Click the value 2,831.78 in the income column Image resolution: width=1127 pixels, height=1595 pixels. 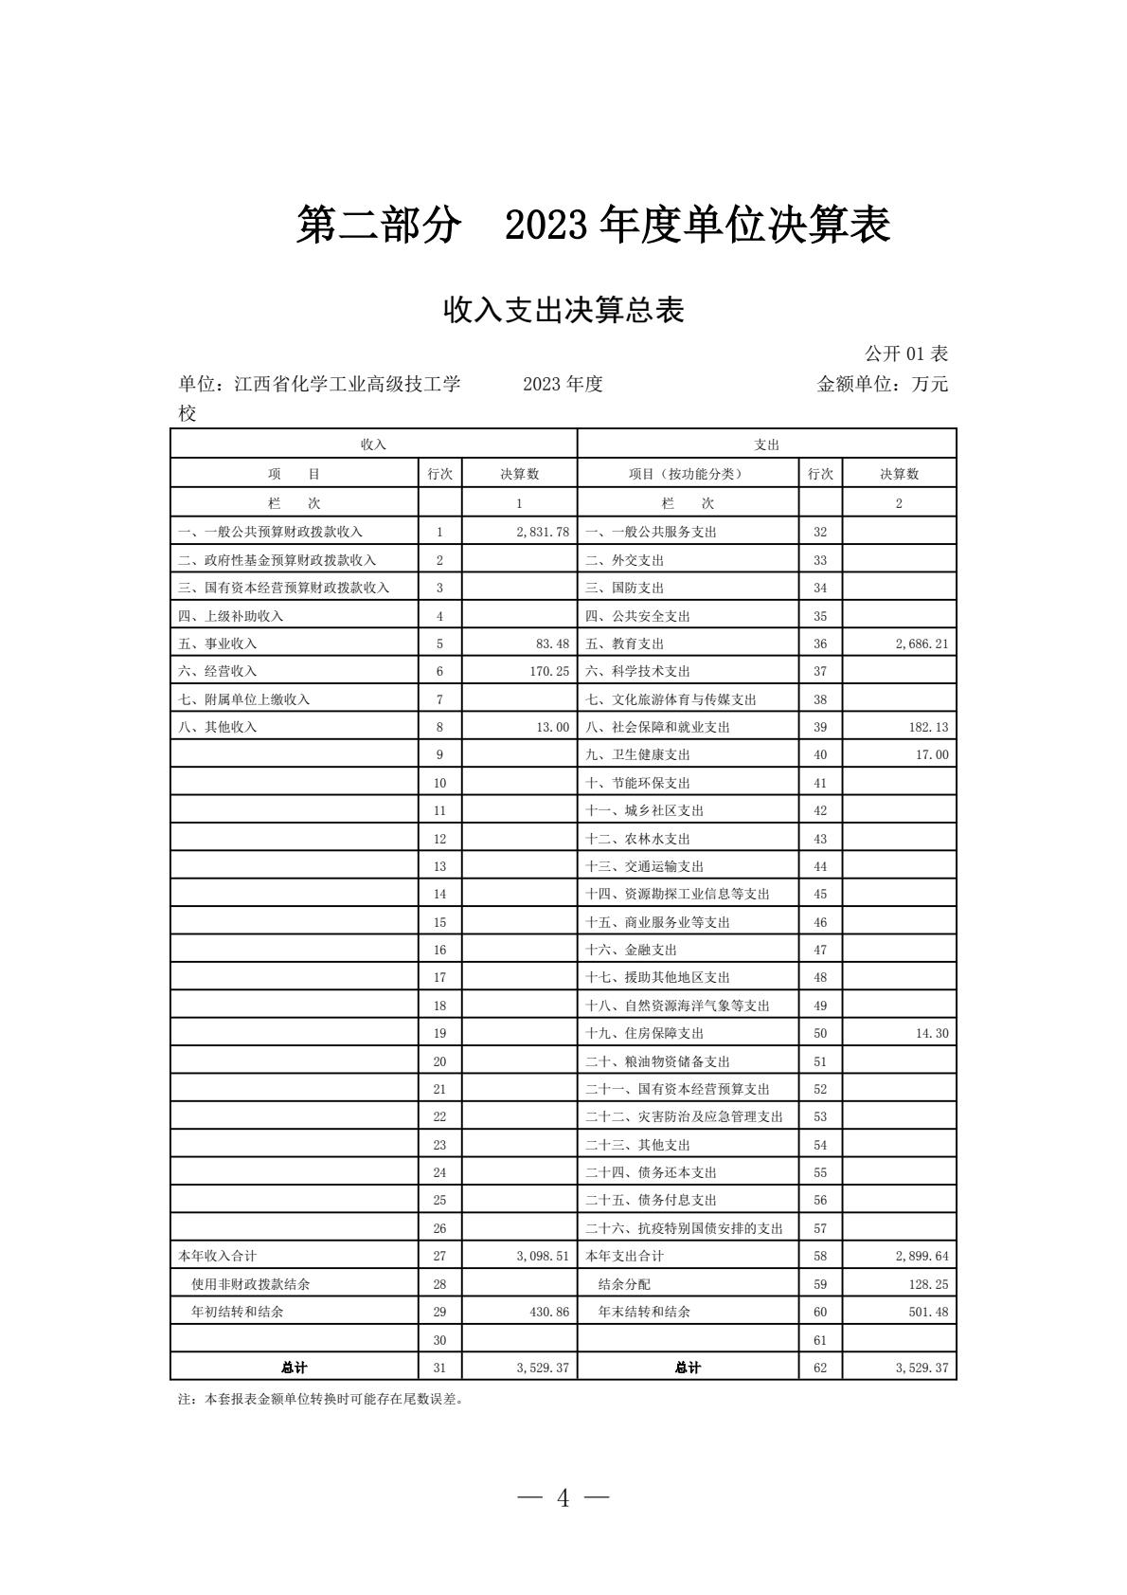pos(543,532)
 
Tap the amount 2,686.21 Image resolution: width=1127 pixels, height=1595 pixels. pos(921,643)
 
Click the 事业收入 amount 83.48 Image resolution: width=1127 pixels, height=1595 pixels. pos(552,643)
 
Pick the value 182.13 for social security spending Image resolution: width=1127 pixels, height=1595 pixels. pos(927,727)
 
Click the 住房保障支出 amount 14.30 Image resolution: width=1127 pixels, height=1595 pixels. pos(931,1033)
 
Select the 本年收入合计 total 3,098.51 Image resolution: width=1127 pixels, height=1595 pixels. pos(543,1256)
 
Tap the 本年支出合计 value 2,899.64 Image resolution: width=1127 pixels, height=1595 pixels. pos(921,1256)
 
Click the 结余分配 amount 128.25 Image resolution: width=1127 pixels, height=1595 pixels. pos(927,1284)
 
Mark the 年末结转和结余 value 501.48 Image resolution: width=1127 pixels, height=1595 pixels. pos(927,1312)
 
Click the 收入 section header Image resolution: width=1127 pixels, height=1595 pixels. pos(373,444)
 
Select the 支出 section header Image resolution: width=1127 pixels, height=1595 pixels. pos(766,444)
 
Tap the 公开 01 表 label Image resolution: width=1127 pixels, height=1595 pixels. pos(905,353)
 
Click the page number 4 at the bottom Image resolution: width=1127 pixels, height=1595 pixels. pos(563,1497)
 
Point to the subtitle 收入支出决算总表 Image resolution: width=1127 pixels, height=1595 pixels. pos(563,310)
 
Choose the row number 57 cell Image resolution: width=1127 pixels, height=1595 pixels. pos(820,1228)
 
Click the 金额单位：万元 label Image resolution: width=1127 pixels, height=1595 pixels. pos(882,384)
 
